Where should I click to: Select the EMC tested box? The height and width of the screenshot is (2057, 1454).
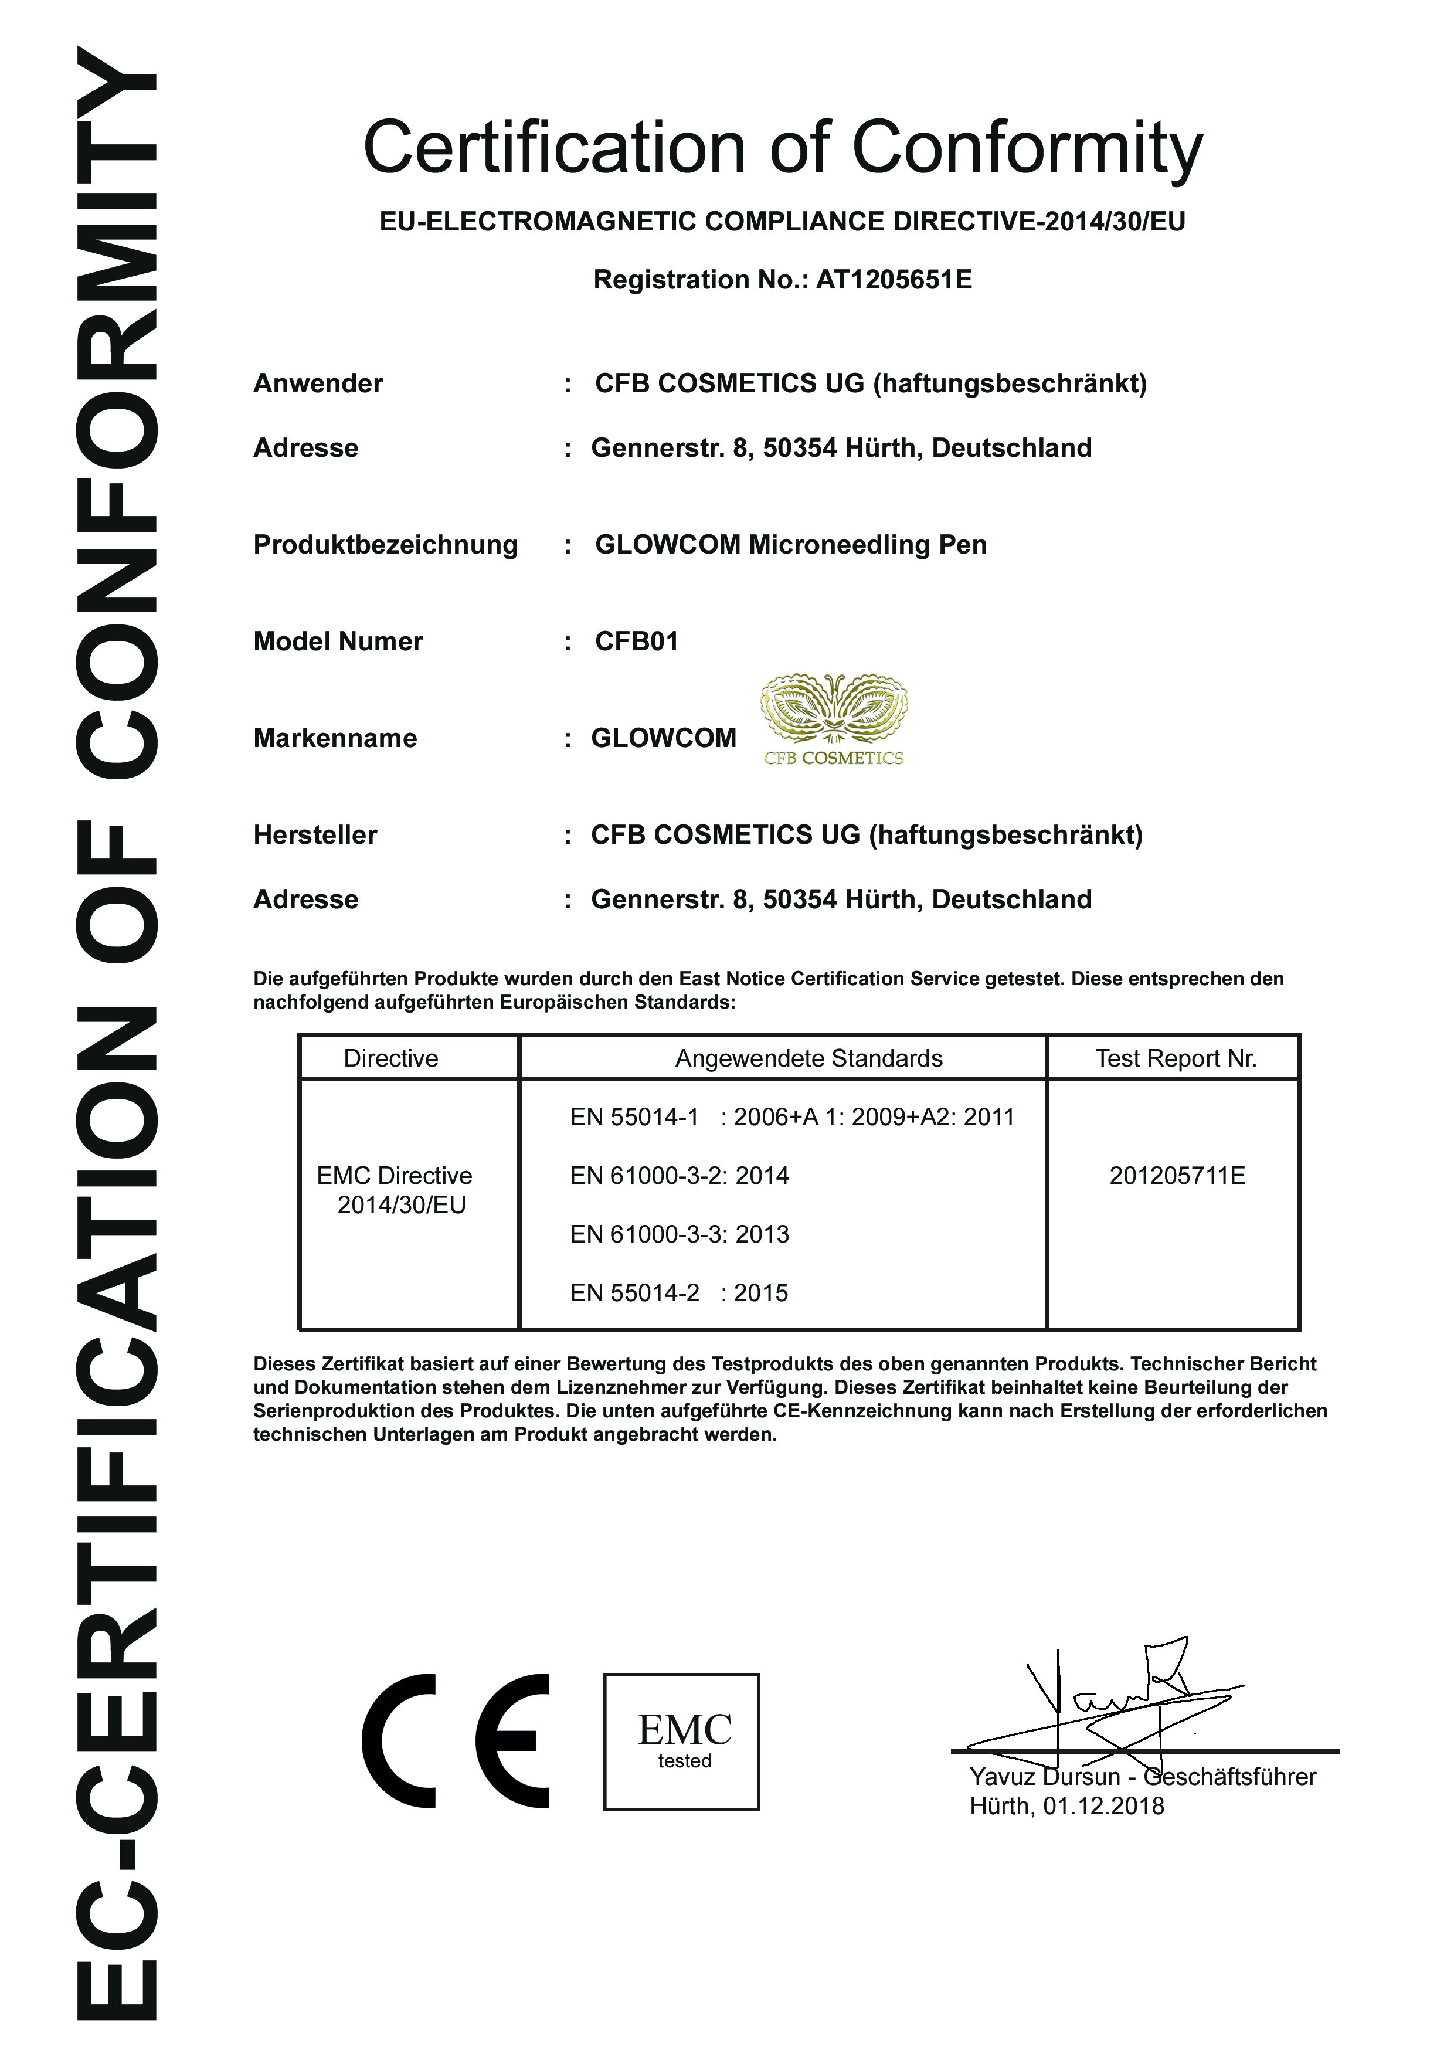(682, 1741)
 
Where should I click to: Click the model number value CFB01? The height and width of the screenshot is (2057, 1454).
(636, 641)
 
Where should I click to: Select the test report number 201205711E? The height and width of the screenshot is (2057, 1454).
(1176, 1176)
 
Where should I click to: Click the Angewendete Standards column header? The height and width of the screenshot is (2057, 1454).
(808, 1058)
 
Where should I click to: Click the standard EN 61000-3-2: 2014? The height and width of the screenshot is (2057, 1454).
(679, 1176)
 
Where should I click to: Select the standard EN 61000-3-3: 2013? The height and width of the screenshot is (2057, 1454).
(679, 1234)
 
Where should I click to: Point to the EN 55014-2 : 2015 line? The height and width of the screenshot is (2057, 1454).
(679, 1293)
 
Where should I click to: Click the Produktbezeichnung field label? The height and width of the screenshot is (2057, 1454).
(385, 545)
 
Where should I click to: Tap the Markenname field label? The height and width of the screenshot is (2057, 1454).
(335, 738)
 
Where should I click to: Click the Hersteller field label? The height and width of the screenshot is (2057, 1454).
(315, 835)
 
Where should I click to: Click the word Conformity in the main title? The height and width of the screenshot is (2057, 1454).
(1027, 148)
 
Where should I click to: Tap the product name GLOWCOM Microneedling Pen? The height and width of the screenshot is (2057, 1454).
(790, 545)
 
